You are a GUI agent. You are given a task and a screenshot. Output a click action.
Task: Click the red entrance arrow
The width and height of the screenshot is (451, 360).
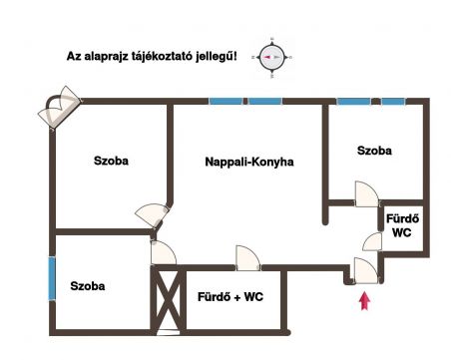tap(365, 301)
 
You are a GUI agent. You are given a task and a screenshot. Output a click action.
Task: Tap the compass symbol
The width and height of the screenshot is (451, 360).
tap(272, 58)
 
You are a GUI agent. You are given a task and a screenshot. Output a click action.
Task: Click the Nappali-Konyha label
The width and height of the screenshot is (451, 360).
tap(249, 162)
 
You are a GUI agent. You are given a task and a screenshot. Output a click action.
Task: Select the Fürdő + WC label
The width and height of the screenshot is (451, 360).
tap(230, 296)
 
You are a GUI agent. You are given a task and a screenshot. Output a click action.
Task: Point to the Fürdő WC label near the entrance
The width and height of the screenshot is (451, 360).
tap(402, 225)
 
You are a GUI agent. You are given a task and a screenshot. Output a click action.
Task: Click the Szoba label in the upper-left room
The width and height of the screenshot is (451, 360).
tap(111, 161)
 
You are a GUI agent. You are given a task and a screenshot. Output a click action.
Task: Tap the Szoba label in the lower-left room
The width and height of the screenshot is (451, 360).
tap(88, 286)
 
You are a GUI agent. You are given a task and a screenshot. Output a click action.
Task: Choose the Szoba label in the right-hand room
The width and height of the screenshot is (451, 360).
tap(374, 151)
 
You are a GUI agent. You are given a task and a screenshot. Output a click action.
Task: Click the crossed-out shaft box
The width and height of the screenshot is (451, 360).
tap(168, 300)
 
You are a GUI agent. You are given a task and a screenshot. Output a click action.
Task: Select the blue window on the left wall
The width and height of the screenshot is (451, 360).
tap(52, 278)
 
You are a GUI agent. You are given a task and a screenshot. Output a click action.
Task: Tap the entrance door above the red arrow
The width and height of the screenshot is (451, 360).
tap(366, 270)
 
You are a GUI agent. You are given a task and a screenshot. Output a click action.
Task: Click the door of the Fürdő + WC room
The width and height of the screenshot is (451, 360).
tap(247, 258)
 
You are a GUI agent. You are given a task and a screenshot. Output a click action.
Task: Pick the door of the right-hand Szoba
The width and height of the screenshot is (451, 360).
tap(367, 193)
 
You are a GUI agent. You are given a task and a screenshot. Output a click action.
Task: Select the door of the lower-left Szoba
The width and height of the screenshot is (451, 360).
tap(164, 252)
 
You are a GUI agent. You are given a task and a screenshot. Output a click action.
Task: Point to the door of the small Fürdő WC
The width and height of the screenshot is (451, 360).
tap(372, 241)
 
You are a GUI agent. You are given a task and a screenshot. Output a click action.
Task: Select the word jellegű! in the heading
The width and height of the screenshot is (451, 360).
tap(217, 56)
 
